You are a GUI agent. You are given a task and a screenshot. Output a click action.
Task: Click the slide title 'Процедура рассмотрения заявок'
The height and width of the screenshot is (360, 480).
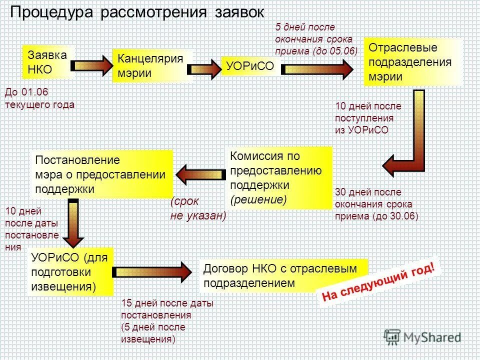click(135, 12)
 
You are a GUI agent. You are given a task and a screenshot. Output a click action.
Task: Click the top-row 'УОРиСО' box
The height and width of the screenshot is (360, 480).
click(250, 67)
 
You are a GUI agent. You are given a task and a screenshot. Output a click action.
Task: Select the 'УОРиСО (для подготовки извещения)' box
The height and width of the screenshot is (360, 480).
click(70, 272)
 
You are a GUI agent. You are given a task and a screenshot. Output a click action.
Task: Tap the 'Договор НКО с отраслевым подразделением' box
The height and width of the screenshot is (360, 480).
click(282, 275)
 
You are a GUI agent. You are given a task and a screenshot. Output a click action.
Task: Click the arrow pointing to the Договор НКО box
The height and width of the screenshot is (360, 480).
click(153, 271)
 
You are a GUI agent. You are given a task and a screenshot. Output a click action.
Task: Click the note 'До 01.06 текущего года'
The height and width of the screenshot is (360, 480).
click(39, 98)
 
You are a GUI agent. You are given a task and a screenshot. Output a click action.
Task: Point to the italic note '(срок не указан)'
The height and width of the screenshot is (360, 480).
click(197, 208)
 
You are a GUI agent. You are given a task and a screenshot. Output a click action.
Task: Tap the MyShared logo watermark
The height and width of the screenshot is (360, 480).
click(422, 337)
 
